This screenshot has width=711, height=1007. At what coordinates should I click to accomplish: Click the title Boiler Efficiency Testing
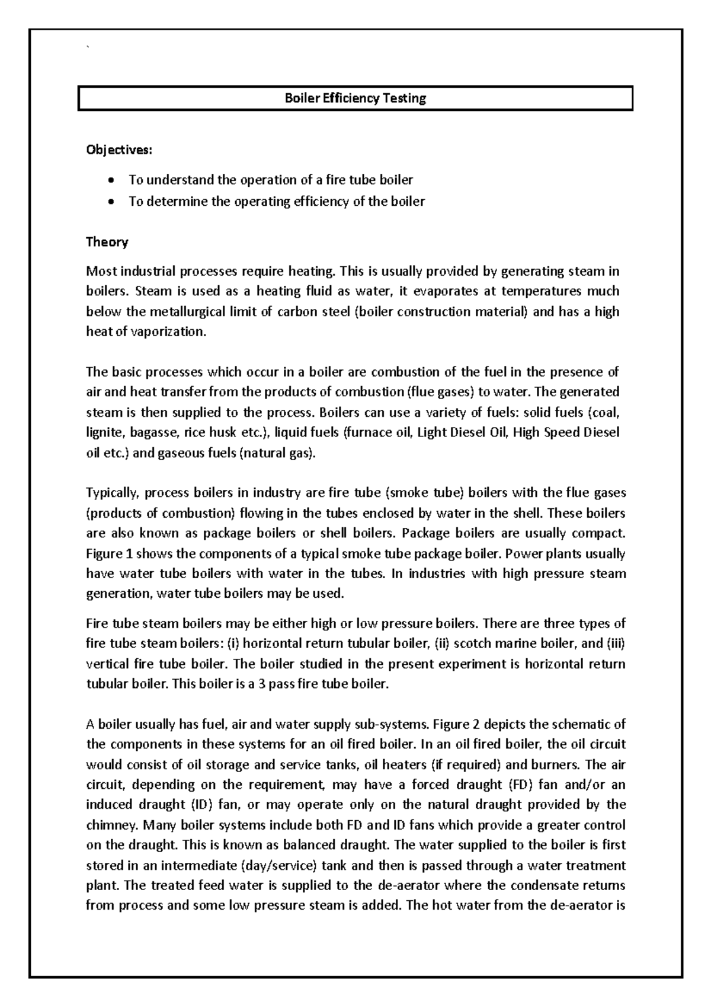click(x=355, y=98)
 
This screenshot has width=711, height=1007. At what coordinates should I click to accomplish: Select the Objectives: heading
click(x=118, y=150)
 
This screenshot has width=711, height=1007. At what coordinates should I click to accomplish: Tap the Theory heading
click(x=107, y=241)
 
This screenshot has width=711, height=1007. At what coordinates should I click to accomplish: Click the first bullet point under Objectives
click(x=111, y=180)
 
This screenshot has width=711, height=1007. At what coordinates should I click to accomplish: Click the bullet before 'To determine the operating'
click(x=111, y=202)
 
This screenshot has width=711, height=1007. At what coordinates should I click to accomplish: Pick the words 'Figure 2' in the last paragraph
click(x=457, y=724)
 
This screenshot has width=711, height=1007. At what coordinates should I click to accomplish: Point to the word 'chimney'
click(x=110, y=825)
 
